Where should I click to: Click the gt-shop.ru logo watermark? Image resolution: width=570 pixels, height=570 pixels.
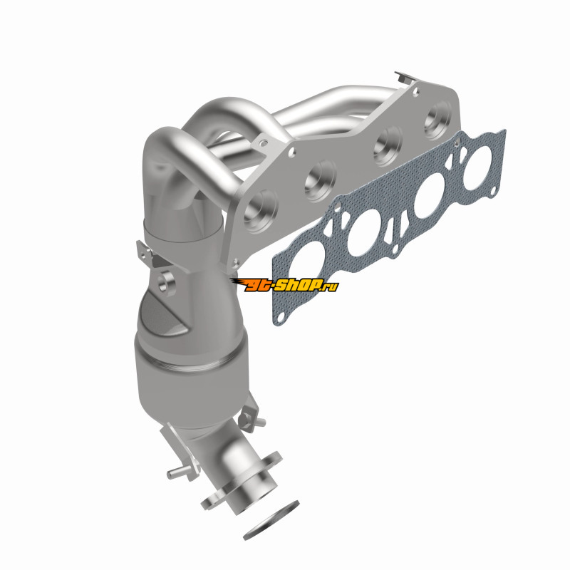coord(284,285)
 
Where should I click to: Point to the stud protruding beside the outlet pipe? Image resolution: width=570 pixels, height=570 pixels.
coord(179,472)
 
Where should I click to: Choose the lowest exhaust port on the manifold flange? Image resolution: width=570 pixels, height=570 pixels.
coord(261,211)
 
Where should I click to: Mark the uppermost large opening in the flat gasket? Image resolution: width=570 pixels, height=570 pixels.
coord(477,167)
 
